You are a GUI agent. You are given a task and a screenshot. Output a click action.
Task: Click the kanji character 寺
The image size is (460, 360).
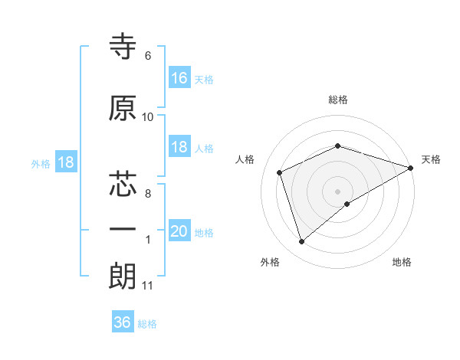pyautogui.click(x=123, y=48)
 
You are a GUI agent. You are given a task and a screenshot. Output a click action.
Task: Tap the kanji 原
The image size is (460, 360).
pyautogui.click(x=123, y=108)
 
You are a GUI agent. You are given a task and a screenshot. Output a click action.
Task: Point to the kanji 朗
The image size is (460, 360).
pyautogui.click(x=123, y=277)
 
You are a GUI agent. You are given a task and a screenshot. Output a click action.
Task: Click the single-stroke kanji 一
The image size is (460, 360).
pyautogui.click(x=123, y=231)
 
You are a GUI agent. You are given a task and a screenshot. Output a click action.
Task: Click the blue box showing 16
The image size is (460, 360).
pyautogui.click(x=179, y=78)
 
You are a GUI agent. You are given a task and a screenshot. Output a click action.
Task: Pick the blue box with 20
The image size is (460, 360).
pyautogui.click(x=179, y=232)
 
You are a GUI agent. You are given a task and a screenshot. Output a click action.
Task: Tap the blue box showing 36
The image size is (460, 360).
pyautogui.click(x=123, y=322)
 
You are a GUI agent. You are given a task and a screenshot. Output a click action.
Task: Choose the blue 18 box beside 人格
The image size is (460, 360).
pyautogui.click(x=179, y=148)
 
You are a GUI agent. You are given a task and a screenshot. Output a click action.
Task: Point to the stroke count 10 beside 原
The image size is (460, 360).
pyautogui.click(x=148, y=117)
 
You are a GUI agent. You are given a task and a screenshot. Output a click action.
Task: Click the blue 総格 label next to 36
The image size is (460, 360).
pyautogui.click(x=147, y=324)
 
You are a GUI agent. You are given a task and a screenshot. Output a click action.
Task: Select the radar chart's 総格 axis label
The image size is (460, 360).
pyautogui.click(x=338, y=100)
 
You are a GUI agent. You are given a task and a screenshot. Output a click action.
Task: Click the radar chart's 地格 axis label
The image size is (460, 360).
pyautogui.click(x=402, y=262)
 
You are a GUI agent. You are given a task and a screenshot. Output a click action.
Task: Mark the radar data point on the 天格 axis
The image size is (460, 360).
pyautogui.click(x=412, y=168)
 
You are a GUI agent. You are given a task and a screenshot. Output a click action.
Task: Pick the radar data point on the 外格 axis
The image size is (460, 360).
pyautogui.click(x=301, y=242)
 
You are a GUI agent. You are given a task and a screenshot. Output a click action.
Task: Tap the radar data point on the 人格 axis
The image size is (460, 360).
pyautogui.click(x=280, y=172)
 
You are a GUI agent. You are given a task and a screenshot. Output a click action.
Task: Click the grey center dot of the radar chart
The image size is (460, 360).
pyautogui.click(x=338, y=191)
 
